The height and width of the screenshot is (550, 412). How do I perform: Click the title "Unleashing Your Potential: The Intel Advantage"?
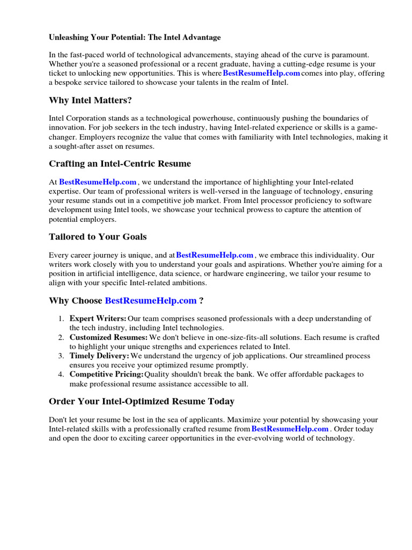pos(135,38)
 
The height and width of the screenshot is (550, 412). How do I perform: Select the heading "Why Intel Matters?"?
pos(90,100)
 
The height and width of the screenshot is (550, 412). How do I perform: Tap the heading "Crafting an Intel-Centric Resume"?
pos(120,163)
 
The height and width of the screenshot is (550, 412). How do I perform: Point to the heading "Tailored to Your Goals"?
pos(98,236)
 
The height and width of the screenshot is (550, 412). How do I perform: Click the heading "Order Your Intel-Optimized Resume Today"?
pos(142,401)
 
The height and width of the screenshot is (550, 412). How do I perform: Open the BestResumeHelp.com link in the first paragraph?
pos(261,73)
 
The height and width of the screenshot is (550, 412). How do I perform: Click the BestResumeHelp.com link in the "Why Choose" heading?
pos(151,300)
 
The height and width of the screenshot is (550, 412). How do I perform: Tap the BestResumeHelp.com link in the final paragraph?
pos(290,429)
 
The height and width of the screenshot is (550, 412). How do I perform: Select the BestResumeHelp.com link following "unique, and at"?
pos(215,255)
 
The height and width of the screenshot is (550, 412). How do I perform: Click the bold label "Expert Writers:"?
pos(98,319)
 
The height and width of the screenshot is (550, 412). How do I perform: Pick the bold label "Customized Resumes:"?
pos(108,337)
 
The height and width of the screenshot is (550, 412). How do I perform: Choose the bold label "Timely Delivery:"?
pos(99,356)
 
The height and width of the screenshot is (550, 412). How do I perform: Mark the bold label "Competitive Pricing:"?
pos(106,374)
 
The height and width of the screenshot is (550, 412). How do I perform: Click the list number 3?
pos(61,356)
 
